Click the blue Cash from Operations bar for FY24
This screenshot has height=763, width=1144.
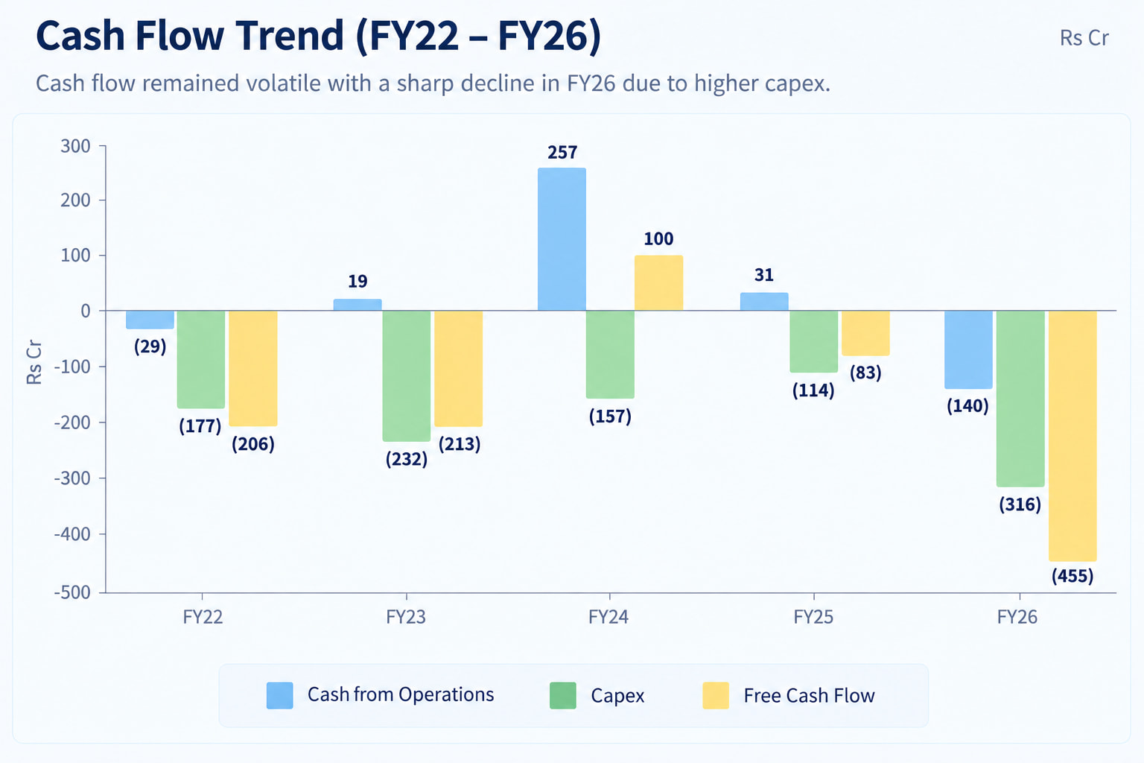(562, 239)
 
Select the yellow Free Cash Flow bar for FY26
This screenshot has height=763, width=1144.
(1072, 436)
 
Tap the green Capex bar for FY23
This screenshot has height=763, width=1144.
(407, 376)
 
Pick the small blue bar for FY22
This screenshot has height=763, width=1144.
(150, 320)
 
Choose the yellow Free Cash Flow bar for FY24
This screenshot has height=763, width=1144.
(659, 282)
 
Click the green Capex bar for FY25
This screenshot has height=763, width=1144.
(814, 341)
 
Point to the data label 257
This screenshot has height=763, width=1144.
(562, 152)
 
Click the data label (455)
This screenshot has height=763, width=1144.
(1072, 577)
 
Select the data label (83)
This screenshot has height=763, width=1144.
(865, 373)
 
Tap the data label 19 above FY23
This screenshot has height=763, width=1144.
(357, 281)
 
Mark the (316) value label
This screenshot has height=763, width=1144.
(1020, 505)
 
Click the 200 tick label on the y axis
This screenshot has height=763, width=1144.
(75, 200)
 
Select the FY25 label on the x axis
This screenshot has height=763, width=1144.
(813, 618)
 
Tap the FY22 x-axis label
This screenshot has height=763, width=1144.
(203, 618)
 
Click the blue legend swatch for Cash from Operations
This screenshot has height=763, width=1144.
(280, 695)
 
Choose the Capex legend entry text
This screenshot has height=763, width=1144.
(617, 696)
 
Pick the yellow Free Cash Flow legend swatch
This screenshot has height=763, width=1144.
(716, 695)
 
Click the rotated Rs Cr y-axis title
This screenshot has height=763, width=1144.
(34, 362)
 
